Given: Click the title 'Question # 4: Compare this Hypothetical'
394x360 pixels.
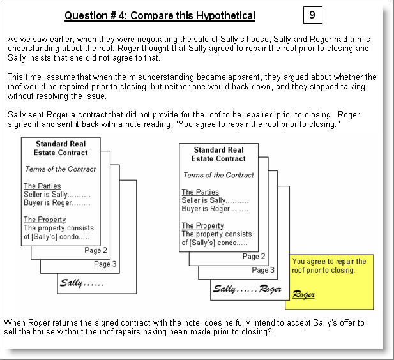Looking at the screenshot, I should click(x=160, y=16).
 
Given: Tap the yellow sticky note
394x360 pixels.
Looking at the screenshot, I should click(x=330, y=280).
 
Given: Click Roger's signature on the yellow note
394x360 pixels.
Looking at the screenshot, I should click(x=303, y=294).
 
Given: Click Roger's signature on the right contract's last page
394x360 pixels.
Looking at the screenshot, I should click(x=271, y=289).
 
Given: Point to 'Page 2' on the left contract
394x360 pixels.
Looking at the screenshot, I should click(x=96, y=250).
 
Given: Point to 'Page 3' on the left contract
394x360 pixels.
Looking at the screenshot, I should click(x=105, y=264).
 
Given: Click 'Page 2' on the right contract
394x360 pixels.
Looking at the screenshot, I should click(x=254, y=257).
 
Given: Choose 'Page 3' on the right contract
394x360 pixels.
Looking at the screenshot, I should click(x=264, y=270).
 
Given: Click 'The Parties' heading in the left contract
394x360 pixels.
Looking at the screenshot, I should click(x=42, y=186).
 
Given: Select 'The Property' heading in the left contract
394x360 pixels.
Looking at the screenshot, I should click(x=45, y=220).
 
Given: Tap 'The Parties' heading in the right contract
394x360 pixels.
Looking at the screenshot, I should click(x=200, y=192).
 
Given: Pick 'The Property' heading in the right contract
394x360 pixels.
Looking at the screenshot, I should click(x=202, y=225).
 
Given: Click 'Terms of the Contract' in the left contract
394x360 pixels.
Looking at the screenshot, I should click(x=60, y=169).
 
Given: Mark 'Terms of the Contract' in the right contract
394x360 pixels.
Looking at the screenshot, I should click(x=218, y=175).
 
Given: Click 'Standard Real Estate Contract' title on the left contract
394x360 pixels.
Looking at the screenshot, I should click(x=61, y=149).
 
